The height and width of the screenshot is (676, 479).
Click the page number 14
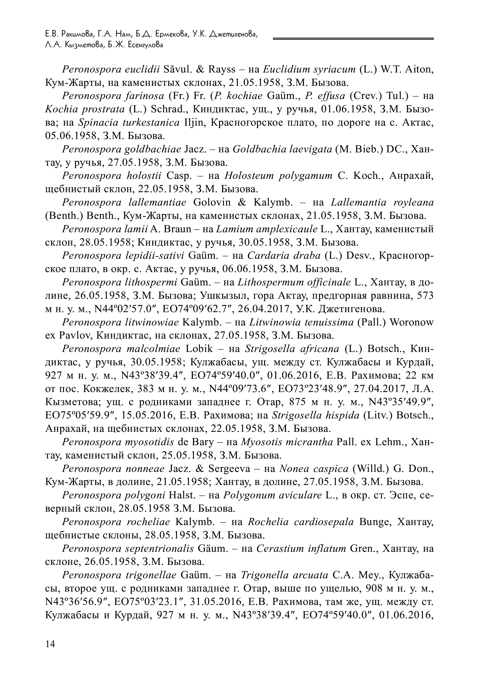[50, 644]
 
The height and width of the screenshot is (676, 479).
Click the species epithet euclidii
[142, 69]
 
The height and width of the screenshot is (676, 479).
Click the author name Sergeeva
[230, 469]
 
